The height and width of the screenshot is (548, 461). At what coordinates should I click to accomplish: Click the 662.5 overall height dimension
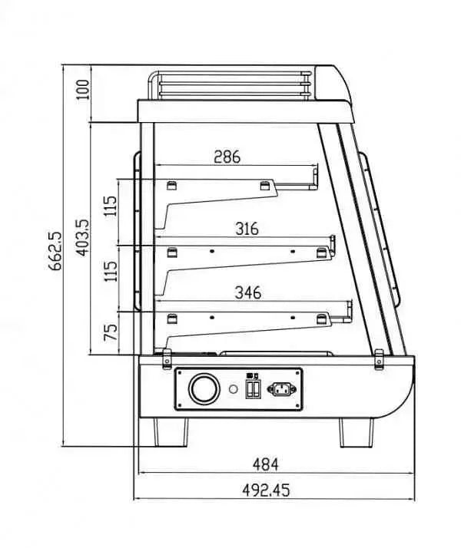(55, 256)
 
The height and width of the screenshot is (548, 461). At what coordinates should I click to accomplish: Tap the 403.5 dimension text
(84, 238)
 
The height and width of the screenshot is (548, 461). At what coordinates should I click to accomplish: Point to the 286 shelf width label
(227, 157)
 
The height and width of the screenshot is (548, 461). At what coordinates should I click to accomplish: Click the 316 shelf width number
(247, 229)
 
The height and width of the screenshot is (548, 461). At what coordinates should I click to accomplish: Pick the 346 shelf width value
(247, 292)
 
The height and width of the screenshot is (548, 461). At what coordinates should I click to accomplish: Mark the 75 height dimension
(111, 333)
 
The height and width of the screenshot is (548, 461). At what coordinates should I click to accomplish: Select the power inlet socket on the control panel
(281, 389)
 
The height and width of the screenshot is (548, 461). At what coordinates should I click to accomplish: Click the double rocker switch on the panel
(252, 388)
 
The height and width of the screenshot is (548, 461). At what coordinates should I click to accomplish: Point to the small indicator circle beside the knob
(232, 390)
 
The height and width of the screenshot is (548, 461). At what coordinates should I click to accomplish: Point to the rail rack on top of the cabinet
(230, 84)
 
